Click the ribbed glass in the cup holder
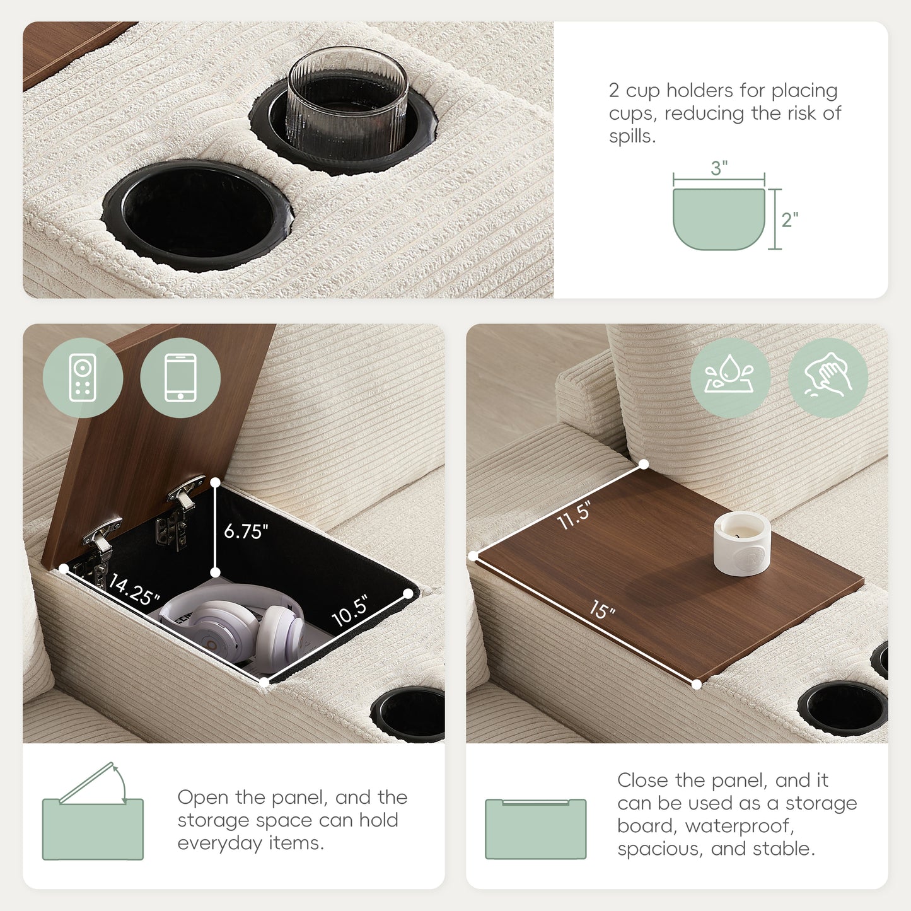pos(347,99)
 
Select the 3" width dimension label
pos(719,168)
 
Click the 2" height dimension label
pos(789,220)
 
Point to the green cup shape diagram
pos(719,219)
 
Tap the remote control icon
pos(83,378)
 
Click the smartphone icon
pos(180,378)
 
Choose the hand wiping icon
pos(828,378)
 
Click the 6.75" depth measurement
pos(246,531)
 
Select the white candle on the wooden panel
pos(742,543)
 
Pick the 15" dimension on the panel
pos(602,610)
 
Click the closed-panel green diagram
pos(536,829)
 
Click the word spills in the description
pos(632,136)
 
